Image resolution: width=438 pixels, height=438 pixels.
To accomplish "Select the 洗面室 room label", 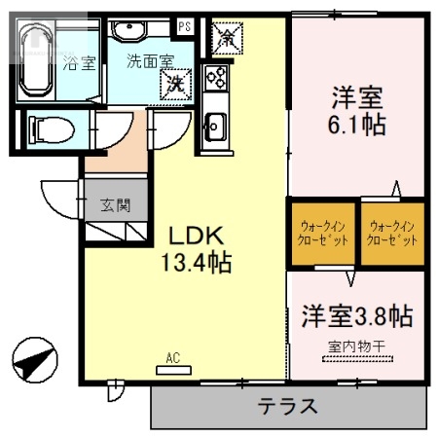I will [149, 59].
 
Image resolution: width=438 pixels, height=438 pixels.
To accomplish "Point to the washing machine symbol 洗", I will [176, 83].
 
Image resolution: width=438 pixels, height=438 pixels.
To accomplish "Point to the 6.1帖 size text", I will [357, 126].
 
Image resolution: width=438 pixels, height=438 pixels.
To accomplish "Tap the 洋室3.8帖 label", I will [356, 316].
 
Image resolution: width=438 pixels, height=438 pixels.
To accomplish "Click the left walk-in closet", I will [321, 234].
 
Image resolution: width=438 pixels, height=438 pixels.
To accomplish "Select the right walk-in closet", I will [393, 234].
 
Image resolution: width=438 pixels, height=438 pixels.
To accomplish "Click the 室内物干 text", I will [356, 346].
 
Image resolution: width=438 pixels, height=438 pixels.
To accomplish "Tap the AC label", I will [173, 358].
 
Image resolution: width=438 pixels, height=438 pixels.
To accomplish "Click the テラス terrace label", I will [287, 406].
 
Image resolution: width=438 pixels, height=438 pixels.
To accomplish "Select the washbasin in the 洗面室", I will [127, 31].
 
